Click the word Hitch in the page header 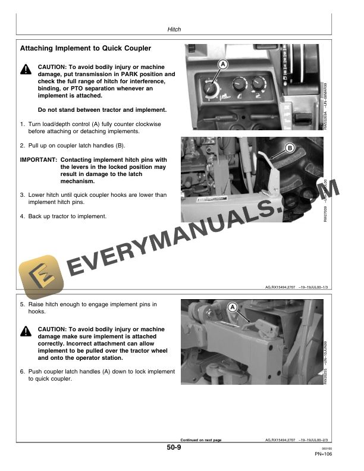tap(174, 29)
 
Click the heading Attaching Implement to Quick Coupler tap(86, 48)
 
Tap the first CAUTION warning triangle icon tap(26, 70)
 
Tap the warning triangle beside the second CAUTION tap(26, 331)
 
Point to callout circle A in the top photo tap(222, 64)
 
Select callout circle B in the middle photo tap(290, 147)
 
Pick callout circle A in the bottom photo tap(233, 307)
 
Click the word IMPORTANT tap(38, 160)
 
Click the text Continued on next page tap(196, 440)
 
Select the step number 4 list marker tap(23, 216)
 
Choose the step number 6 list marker tap(23, 372)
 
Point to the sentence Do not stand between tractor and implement tap(102, 110)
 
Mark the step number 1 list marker tap(23, 124)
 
